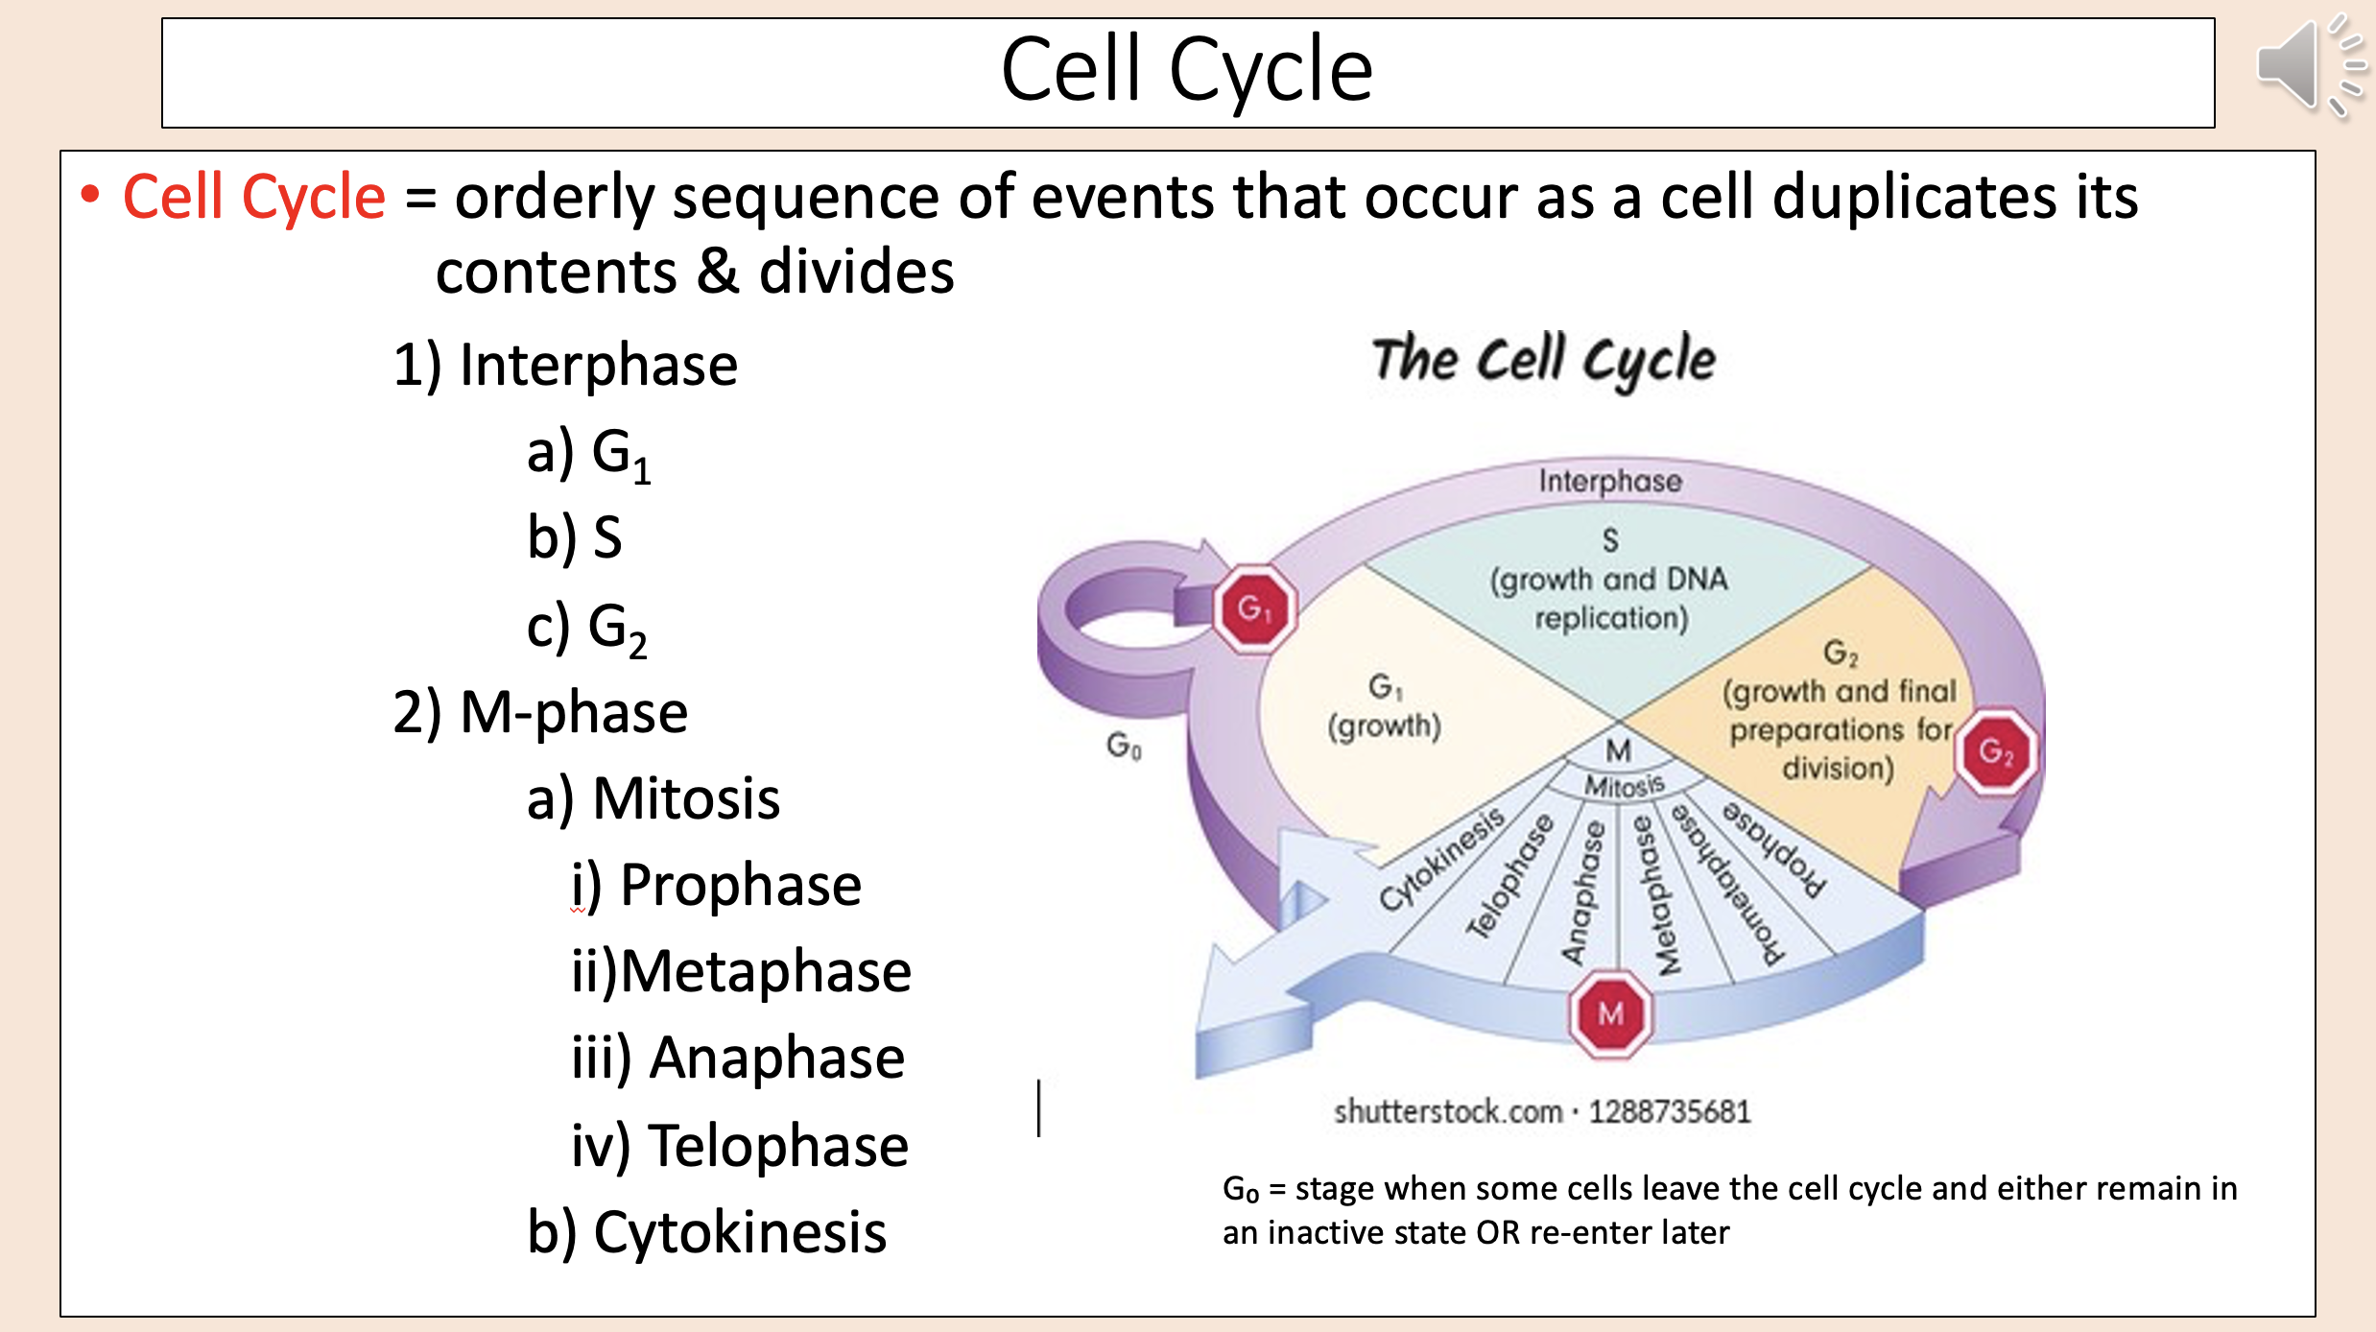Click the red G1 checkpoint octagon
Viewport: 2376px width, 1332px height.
pyautogui.click(x=1254, y=608)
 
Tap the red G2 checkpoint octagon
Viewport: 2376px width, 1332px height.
pyautogui.click(x=1995, y=750)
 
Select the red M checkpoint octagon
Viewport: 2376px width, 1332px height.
pyautogui.click(x=1611, y=1014)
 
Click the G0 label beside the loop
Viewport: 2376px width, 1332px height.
pyautogui.click(x=1124, y=745)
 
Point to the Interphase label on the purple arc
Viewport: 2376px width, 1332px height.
pyautogui.click(x=1609, y=481)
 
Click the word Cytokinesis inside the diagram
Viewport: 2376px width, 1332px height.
pyautogui.click(x=1441, y=859)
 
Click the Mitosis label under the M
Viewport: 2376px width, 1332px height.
pyautogui.click(x=1624, y=786)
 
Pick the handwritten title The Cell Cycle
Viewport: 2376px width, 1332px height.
pyautogui.click(x=1543, y=360)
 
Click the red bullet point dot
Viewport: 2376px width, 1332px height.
pyautogui.click(x=90, y=195)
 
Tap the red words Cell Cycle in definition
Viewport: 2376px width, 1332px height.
pyautogui.click(x=254, y=197)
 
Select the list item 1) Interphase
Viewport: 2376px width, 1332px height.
pyautogui.click(x=565, y=365)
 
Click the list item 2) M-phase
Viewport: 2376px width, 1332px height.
pyautogui.click(x=540, y=712)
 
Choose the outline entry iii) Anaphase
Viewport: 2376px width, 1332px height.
pyautogui.click(x=738, y=1058)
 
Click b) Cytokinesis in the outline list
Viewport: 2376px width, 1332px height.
pyautogui.click(x=707, y=1231)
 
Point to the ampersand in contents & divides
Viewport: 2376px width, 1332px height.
pyautogui.click(x=718, y=272)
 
